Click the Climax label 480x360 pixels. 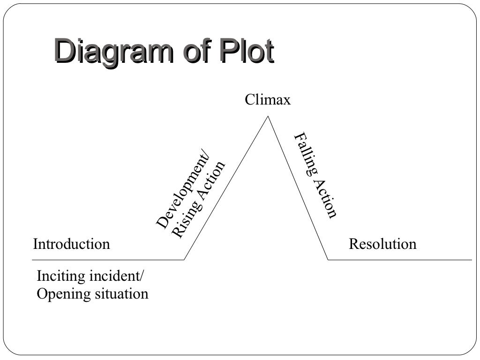click(268, 100)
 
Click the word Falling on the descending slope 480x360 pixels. click(305, 155)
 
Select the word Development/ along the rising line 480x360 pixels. click(183, 193)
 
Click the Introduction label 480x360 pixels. click(71, 244)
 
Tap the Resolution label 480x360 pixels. click(382, 244)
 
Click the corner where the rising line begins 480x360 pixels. click(184, 260)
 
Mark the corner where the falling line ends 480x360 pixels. click(328, 260)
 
